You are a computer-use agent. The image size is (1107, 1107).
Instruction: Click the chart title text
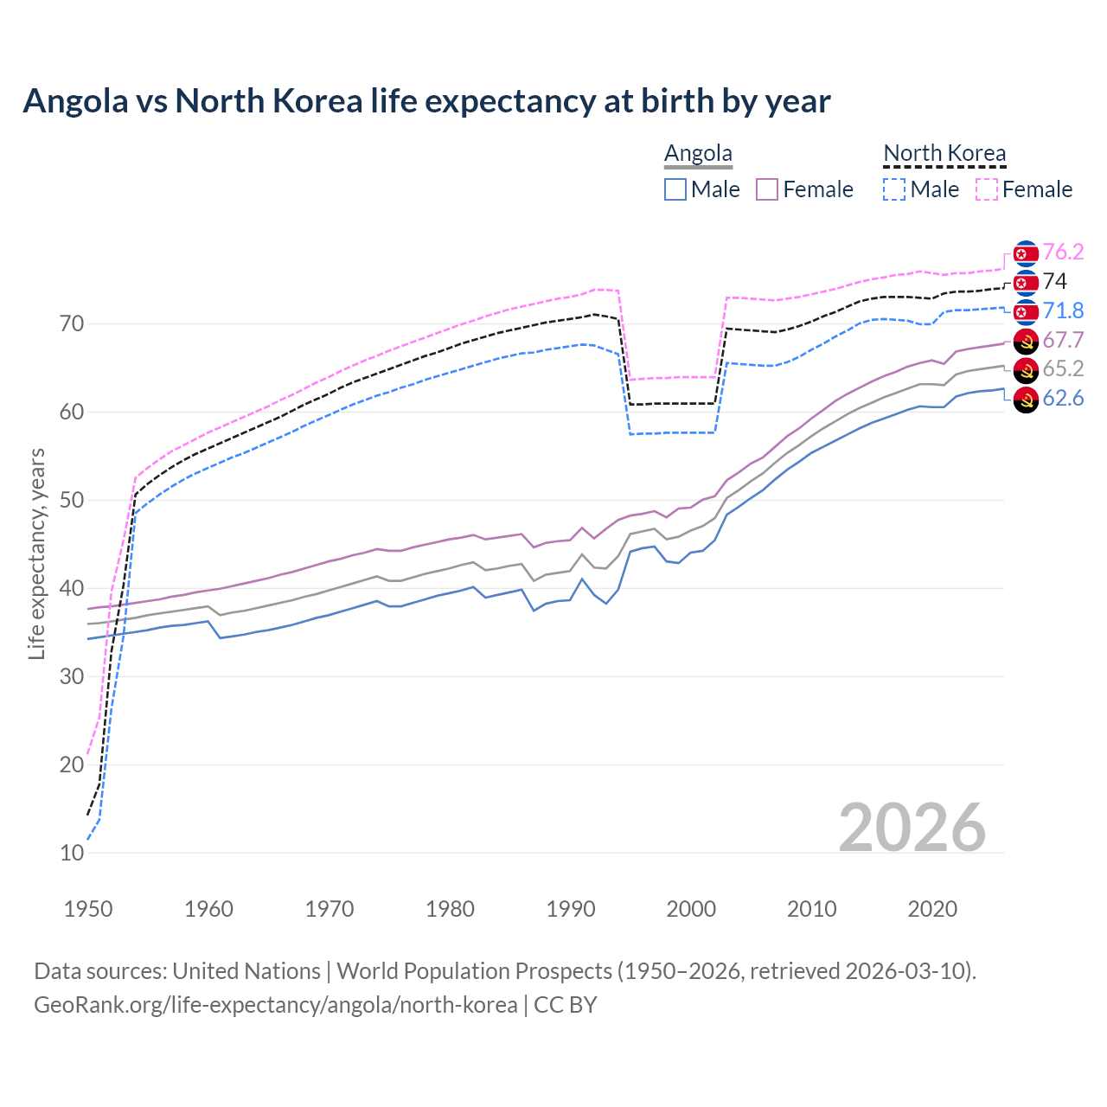(x=426, y=101)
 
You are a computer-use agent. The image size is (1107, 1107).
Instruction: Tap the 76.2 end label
(x=1063, y=252)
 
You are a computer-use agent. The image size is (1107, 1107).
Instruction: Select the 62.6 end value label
(x=1063, y=398)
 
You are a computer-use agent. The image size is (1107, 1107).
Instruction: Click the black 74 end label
(x=1054, y=281)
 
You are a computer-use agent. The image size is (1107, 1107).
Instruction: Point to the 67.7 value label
(x=1063, y=340)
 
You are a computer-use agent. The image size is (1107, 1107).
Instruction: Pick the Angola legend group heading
(x=698, y=154)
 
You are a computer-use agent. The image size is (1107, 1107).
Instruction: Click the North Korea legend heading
(x=944, y=154)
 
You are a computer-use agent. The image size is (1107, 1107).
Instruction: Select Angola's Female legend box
(x=767, y=189)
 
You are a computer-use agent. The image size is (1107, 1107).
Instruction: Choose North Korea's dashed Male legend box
(x=894, y=189)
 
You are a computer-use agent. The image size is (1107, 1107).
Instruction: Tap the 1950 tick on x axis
(x=88, y=909)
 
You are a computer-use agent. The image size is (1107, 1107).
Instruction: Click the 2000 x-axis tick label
(x=691, y=909)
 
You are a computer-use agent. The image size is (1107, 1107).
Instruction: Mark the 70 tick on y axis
(x=72, y=324)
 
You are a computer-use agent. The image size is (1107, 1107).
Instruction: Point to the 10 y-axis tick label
(x=73, y=853)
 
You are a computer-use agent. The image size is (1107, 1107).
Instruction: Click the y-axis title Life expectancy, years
(x=36, y=553)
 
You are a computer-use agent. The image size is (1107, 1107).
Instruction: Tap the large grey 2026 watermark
(x=912, y=828)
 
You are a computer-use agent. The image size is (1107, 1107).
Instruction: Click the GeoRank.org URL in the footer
(x=275, y=1005)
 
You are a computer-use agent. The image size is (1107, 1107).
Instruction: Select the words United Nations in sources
(x=246, y=971)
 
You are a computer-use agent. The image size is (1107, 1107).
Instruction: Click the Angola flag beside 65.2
(x=1026, y=370)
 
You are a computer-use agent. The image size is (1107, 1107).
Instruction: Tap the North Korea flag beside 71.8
(x=1026, y=311)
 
